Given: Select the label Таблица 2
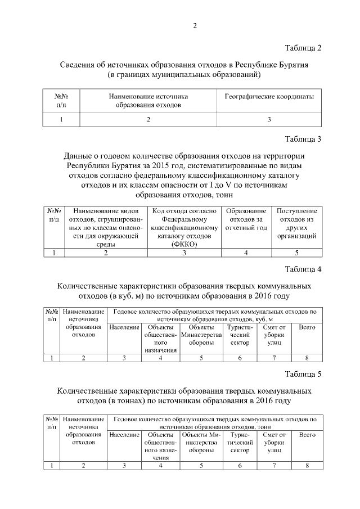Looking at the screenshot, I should (303, 48).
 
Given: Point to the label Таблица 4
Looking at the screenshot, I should (303, 269).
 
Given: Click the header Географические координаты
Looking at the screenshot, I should (269, 97).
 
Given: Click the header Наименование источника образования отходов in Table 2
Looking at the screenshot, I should (148, 101).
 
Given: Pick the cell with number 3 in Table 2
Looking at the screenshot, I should (269, 119).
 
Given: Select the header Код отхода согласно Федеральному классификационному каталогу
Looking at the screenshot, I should (184, 227).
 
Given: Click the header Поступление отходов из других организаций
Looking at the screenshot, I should (296, 223).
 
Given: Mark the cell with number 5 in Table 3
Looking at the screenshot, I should (296, 253).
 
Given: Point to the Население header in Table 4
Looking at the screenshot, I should (124, 327).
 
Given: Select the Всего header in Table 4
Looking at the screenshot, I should (307, 327).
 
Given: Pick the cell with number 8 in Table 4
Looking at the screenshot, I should (307, 358).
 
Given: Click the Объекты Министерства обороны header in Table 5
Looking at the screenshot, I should (201, 443).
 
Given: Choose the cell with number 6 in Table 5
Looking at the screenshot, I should (240, 465).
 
